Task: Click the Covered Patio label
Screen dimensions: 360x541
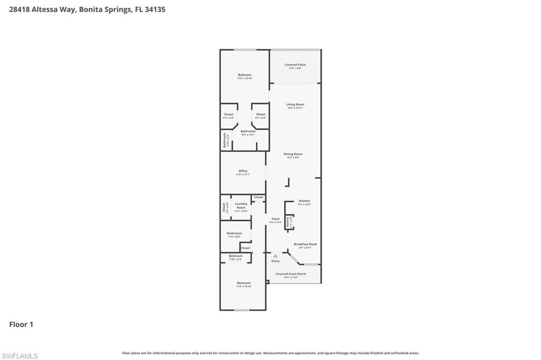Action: (295, 65)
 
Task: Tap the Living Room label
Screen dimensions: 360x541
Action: (295, 105)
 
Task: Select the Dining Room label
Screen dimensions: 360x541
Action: (293, 154)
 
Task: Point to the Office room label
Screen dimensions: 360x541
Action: (242, 171)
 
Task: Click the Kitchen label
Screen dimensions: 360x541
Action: (304, 201)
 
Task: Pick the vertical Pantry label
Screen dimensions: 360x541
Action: (288, 222)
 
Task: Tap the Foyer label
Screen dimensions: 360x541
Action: (275, 219)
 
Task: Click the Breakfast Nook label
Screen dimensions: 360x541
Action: (305, 244)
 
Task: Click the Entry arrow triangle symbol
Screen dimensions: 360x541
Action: (275, 256)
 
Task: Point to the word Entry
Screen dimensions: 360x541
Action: (275, 261)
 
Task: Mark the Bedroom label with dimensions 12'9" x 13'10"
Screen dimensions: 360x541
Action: (244, 75)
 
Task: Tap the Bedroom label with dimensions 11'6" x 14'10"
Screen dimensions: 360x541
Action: (244, 283)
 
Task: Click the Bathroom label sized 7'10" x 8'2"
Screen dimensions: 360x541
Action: (234, 233)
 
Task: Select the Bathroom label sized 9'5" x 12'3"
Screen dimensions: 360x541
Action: (248, 131)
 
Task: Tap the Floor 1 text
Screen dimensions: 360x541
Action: (21, 324)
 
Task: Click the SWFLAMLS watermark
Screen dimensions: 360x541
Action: (20, 356)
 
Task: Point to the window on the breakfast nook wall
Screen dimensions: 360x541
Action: (311, 264)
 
